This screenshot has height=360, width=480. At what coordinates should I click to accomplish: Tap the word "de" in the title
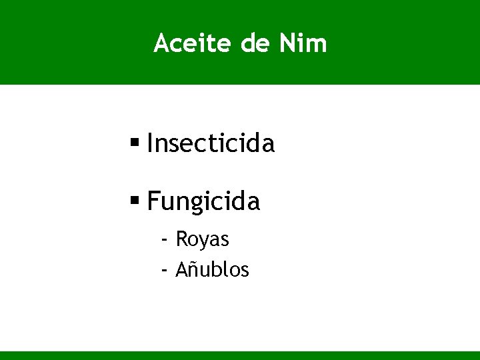coord(255,43)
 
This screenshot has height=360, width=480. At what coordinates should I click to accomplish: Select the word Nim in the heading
coord(303,43)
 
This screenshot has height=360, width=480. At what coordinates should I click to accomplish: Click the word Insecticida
coord(211,143)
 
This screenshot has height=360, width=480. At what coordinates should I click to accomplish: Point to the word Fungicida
coord(203,201)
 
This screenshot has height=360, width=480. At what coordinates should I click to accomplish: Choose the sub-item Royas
coord(203,239)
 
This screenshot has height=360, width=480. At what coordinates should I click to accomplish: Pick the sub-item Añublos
coord(213,270)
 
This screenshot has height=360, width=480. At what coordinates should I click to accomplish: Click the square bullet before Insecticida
coord(135,141)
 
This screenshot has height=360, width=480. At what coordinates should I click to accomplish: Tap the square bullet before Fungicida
coord(135,199)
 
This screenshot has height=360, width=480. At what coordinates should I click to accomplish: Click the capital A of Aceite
coord(161,43)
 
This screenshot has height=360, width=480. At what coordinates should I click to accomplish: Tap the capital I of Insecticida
coord(150,143)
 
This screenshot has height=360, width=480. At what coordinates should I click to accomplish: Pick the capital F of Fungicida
coord(153,201)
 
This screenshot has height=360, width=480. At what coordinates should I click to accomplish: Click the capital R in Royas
coord(181,239)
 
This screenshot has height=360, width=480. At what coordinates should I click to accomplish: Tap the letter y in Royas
coord(205,240)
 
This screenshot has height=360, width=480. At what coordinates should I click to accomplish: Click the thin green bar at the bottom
coord(240,355)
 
